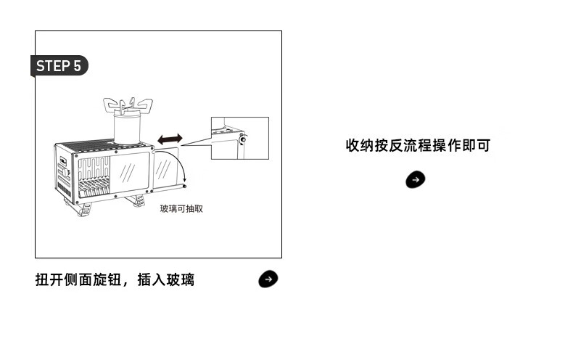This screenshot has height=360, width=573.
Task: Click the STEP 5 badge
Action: (59, 66)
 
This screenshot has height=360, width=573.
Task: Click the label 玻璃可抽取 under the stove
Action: (181, 208)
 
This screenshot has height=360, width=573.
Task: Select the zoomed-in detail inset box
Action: (239, 138)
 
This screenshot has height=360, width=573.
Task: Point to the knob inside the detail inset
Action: (242, 139)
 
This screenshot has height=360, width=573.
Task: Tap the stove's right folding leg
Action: (137, 199)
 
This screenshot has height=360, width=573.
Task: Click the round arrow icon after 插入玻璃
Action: (268, 279)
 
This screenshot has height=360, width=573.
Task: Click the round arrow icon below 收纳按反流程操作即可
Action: (415, 179)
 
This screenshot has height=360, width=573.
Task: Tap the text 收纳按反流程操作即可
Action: (418, 145)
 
